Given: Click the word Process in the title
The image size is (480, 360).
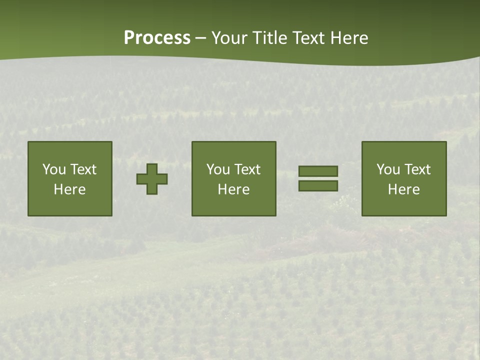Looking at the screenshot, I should point(157,38).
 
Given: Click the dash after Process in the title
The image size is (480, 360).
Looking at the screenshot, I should point(201,38).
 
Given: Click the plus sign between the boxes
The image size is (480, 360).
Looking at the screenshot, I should point(152,179).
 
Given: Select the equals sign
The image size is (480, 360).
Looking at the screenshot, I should point(318,178).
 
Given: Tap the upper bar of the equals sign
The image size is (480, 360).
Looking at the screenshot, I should point(318,171).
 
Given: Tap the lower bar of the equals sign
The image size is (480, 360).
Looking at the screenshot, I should point(318,186).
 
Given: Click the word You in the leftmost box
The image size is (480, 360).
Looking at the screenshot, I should point(54,169).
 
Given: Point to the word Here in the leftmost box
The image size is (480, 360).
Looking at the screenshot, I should point(70,189).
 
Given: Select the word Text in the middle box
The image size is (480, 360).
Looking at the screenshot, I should point(247,169).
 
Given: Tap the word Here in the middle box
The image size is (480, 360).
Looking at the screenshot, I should point(234,189).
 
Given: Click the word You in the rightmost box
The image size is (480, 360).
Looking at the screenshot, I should point(388,169).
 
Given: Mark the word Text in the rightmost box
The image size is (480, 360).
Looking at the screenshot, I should point(417,169).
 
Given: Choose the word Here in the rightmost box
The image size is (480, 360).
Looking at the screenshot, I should point(404,189).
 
